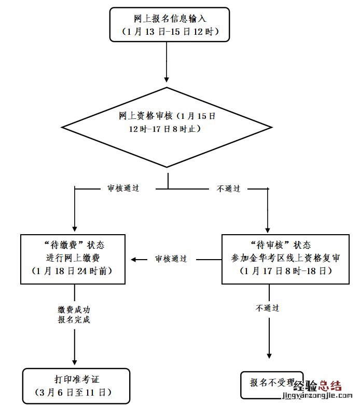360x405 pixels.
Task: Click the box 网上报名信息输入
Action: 169,24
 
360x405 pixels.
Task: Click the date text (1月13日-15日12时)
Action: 169,31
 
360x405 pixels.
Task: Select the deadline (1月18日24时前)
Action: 73,271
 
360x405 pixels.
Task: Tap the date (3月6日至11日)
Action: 76,392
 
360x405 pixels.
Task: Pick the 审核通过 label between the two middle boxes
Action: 171,259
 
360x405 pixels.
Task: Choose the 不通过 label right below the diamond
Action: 228,188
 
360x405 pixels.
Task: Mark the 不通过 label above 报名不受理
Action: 268,308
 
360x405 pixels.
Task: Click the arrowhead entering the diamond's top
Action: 167,79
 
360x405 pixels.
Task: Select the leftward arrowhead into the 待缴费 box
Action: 134,259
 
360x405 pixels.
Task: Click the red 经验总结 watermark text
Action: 317,386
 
